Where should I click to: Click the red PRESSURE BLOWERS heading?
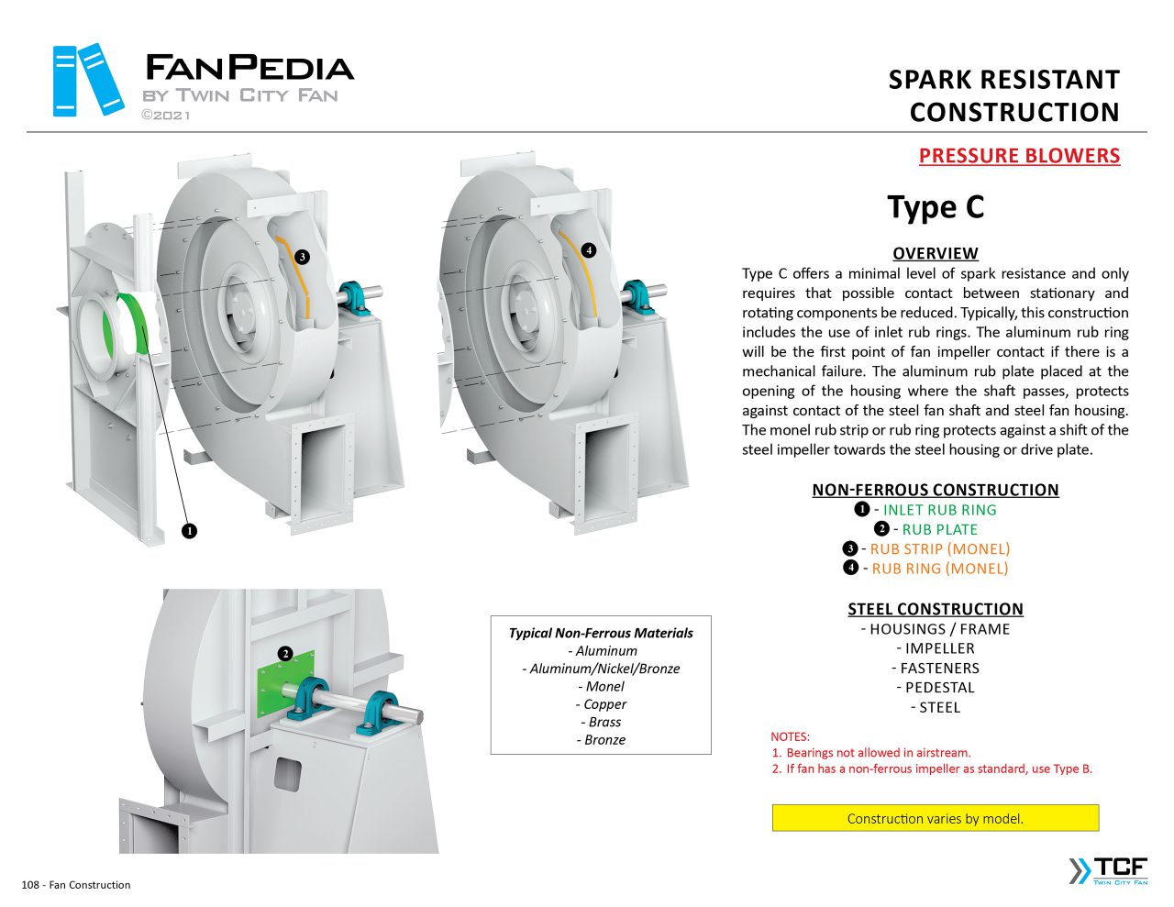point(1019,156)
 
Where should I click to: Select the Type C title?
point(936,207)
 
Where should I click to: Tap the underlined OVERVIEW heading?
point(935,253)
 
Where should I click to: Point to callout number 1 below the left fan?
point(189,530)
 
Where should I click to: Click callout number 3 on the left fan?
point(303,257)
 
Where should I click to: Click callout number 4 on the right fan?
point(589,250)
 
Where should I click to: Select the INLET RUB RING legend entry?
point(939,510)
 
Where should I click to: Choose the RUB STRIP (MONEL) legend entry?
point(939,549)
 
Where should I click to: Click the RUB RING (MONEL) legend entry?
point(939,569)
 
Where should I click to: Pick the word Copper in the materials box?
point(604,704)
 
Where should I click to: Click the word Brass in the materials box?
point(604,722)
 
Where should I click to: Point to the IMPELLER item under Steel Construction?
point(939,648)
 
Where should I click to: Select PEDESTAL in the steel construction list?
point(939,688)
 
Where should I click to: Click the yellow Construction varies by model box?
point(935,818)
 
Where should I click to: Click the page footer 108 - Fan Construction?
point(76,885)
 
